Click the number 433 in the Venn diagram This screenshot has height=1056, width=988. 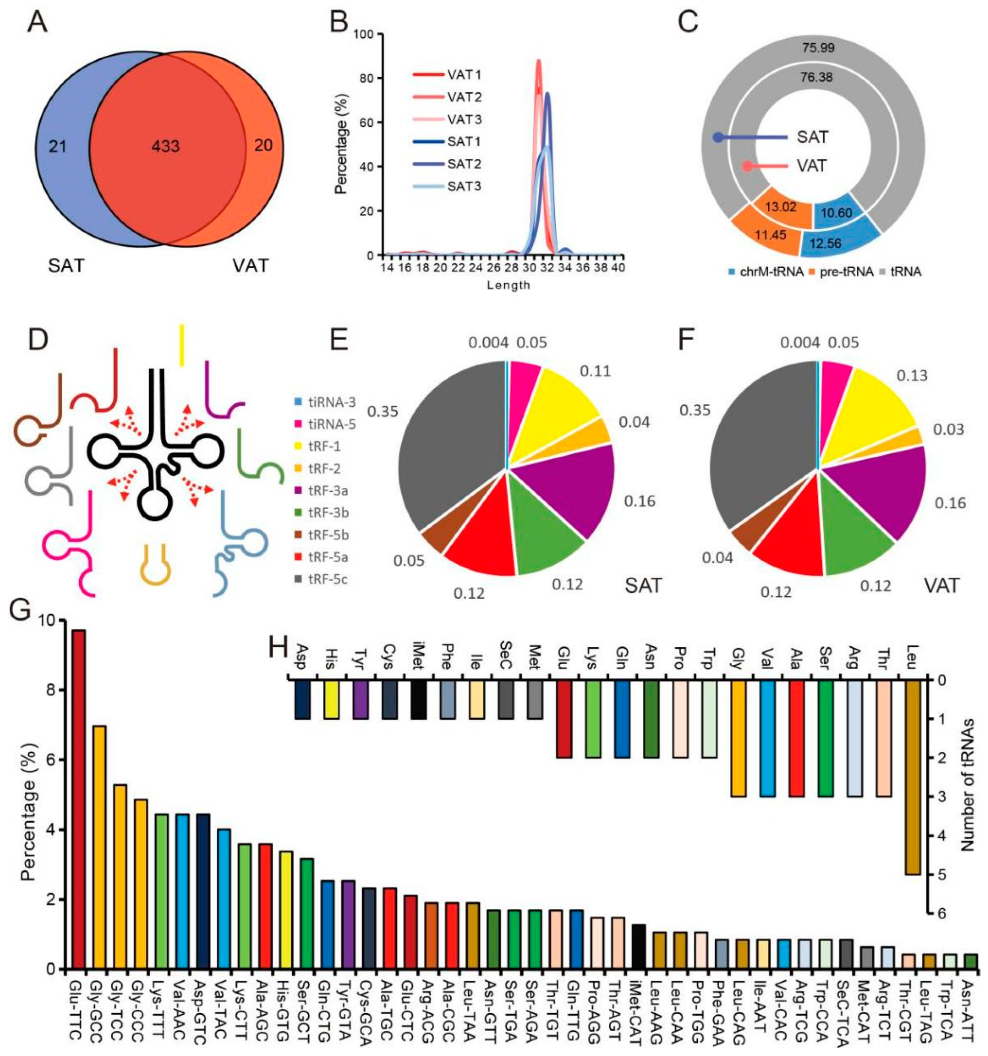click(166, 145)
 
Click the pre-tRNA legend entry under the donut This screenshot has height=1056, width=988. click(844, 272)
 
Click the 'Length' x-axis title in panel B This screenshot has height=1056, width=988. click(508, 285)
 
